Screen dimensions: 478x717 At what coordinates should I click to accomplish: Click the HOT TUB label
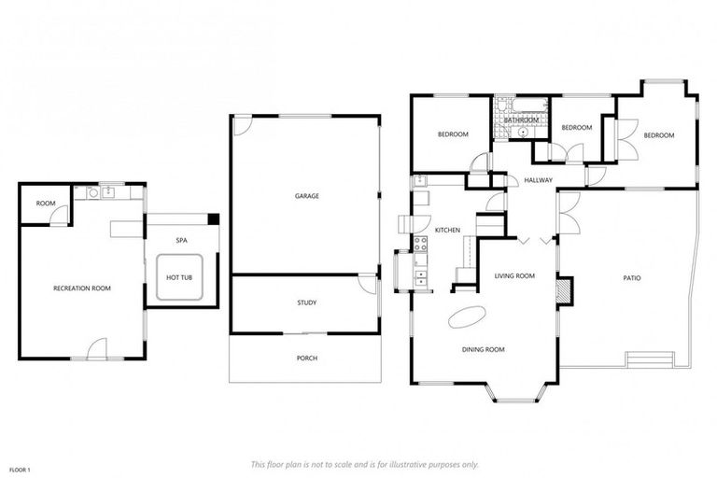[179, 278]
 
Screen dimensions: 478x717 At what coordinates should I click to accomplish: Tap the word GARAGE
[307, 196]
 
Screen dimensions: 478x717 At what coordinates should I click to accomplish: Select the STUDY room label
[307, 302]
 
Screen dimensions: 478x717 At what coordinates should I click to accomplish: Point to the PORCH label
[307, 358]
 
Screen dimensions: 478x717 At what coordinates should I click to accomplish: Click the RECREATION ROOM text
[82, 288]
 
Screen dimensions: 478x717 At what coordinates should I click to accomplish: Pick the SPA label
[182, 241]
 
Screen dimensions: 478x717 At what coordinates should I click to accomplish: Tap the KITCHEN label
[448, 230]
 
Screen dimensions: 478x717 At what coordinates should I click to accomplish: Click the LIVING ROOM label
[514, 275]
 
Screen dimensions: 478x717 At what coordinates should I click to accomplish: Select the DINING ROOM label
[484, 349]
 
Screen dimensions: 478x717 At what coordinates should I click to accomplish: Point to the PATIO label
[632, 278]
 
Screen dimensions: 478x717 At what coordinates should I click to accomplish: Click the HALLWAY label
[539, 180]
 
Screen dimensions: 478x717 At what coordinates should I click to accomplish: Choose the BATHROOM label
[521, 120]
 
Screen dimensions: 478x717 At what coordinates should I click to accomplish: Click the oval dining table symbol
[467, 317]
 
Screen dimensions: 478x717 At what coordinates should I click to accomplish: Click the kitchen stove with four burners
[421, 245]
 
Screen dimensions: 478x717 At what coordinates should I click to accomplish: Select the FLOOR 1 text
[19, 469]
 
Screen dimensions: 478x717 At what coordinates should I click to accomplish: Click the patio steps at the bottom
[651, 359]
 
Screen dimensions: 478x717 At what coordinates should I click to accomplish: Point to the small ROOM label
[45, 204]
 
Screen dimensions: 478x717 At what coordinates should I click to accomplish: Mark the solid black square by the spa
[214, 218]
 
